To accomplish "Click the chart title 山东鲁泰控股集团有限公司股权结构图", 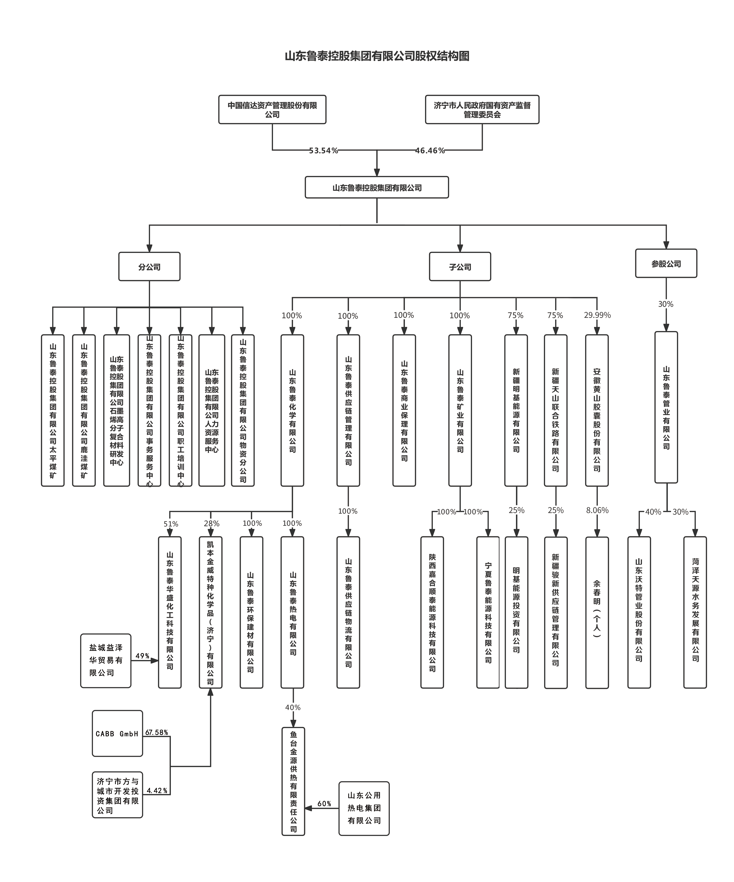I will (x=377, y=56).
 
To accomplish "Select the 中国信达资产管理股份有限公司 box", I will (x=272, y=110).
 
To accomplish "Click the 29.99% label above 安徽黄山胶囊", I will (x=597, y=315).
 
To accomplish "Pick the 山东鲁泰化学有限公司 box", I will (x=292, y=410).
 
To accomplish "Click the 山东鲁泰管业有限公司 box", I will (x=666, y=407).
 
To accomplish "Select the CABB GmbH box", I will (x=117, y=734).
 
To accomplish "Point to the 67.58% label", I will (x=157, y=732).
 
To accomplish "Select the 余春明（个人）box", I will (x=597, y=612).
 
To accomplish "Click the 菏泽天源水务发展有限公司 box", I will (x=695, y=612).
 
